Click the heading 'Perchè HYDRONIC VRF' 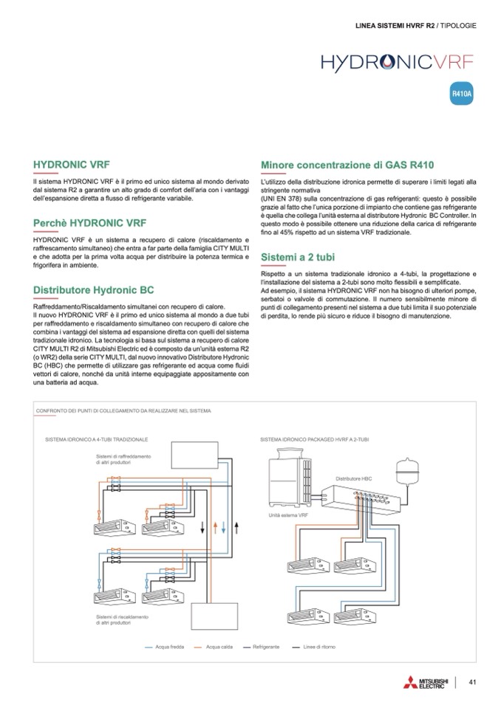[90, 222]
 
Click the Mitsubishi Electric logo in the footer [422, 682]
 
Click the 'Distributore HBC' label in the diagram [354, 479]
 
